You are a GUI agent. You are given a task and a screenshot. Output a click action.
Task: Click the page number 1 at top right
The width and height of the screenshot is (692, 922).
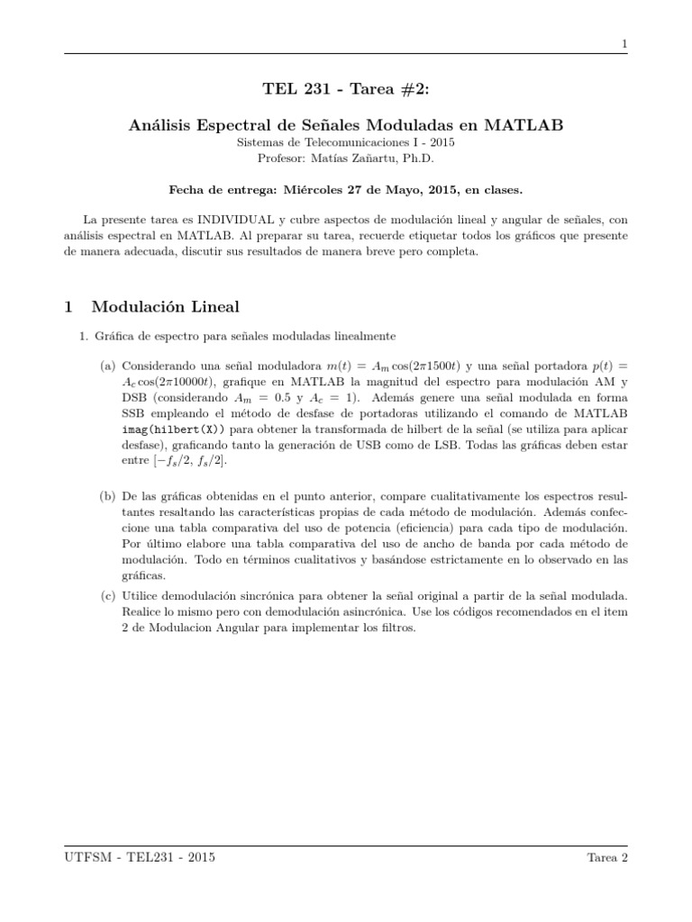[624, 44]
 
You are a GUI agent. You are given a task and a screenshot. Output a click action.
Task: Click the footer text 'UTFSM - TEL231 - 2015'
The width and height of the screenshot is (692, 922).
[140, 857]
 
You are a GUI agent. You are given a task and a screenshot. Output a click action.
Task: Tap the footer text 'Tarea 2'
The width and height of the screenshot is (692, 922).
[605, 857]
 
